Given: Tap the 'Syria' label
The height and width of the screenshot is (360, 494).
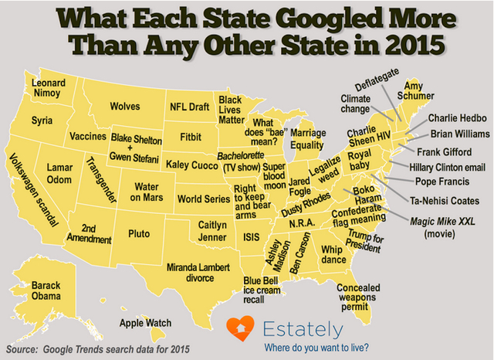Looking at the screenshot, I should [42, 121].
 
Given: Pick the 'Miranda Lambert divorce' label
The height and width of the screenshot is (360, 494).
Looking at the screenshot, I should [203, 271].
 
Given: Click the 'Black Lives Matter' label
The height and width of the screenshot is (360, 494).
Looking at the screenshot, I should [231, 110].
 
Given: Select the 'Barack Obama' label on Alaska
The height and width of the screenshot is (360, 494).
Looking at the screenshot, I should [46, 291].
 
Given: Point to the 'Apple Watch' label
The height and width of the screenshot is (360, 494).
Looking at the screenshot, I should [145, 323].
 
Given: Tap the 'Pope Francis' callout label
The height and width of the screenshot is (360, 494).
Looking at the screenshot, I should [442, 182].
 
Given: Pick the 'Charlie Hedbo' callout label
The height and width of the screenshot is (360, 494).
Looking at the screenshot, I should [457, 118].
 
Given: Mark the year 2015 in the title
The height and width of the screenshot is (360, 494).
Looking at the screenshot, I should [412, 42].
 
